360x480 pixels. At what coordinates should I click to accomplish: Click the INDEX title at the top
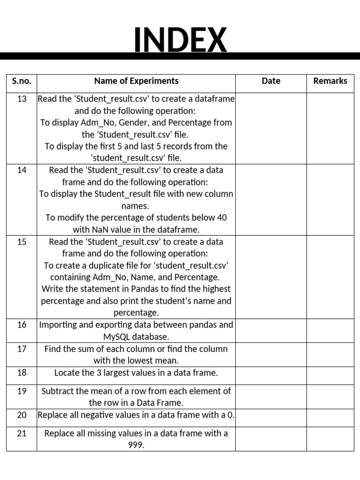pos(180,40)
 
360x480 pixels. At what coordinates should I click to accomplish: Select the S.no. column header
pos(22,81)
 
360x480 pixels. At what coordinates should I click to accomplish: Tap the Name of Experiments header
pos(136,81)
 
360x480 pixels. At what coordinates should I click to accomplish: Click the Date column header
pos(271,81)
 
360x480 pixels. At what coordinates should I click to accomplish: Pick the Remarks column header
pos(330,81)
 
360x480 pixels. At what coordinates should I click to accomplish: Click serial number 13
pos(22,99)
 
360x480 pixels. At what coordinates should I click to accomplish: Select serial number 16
pos(22,325)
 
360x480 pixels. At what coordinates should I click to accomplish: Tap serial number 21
pos(22,433)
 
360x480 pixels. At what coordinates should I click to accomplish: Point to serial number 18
pos(22,373)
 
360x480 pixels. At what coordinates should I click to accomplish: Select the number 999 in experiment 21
pos(136,445)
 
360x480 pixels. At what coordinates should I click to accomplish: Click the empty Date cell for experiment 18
pos(271,375)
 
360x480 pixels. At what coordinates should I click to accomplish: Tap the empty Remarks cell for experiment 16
pos(330,331)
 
